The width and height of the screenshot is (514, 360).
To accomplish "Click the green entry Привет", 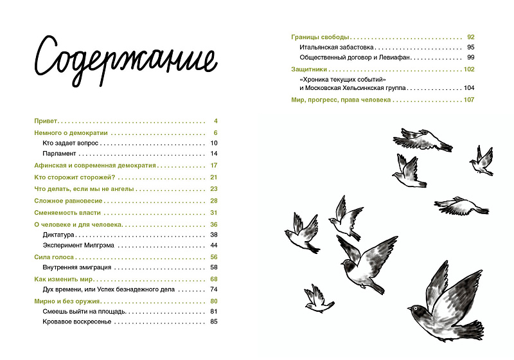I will tap(46, 121).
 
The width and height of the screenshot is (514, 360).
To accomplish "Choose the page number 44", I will tap(215, 246).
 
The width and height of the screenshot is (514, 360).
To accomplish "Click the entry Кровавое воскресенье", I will tap(77, 322).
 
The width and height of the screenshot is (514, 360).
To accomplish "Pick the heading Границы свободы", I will tap(314, 37).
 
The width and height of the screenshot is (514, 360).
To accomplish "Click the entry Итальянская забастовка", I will tap(335, 48).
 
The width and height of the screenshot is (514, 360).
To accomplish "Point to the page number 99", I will tap(470, 59).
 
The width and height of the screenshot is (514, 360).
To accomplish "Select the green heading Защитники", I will tap(310, 69).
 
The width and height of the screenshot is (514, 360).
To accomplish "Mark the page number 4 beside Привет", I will tap(217, 121).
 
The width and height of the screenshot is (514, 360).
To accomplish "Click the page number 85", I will tap(215, 322).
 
